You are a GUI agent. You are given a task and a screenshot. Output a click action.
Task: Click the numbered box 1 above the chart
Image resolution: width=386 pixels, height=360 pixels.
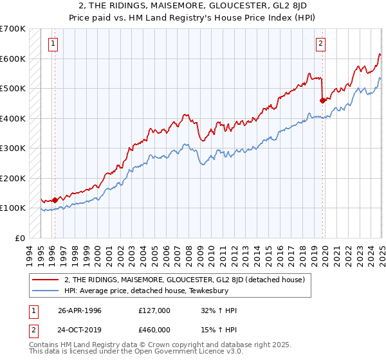point(51,44)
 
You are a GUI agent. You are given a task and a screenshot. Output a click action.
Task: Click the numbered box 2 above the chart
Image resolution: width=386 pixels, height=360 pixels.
point(320,44)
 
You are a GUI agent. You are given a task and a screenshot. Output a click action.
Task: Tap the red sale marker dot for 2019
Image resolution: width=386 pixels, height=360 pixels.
point(323,100)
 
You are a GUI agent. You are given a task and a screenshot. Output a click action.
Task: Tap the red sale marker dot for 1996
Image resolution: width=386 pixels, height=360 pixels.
point(55,200)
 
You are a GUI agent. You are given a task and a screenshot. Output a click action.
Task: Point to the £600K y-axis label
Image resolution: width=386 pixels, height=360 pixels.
point(13,59)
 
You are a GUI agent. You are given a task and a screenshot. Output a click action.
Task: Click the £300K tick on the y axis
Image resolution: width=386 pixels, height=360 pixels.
point(13,148)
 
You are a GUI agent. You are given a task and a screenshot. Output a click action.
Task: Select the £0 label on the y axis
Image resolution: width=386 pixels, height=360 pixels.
point(21,238)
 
